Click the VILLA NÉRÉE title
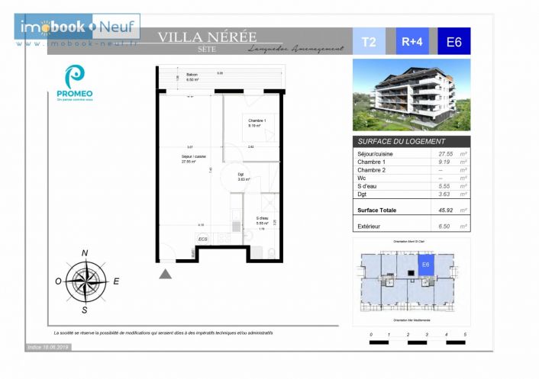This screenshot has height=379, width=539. (x=207, y=37)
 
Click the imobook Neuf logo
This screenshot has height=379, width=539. (x=77, y=27)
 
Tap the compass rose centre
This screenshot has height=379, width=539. (x=85, y=280)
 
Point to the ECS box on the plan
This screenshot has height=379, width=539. (x=203, y=239)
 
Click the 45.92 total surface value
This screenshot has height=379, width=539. (x=445, y=210)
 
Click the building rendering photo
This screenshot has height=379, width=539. (x=411, y=95)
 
